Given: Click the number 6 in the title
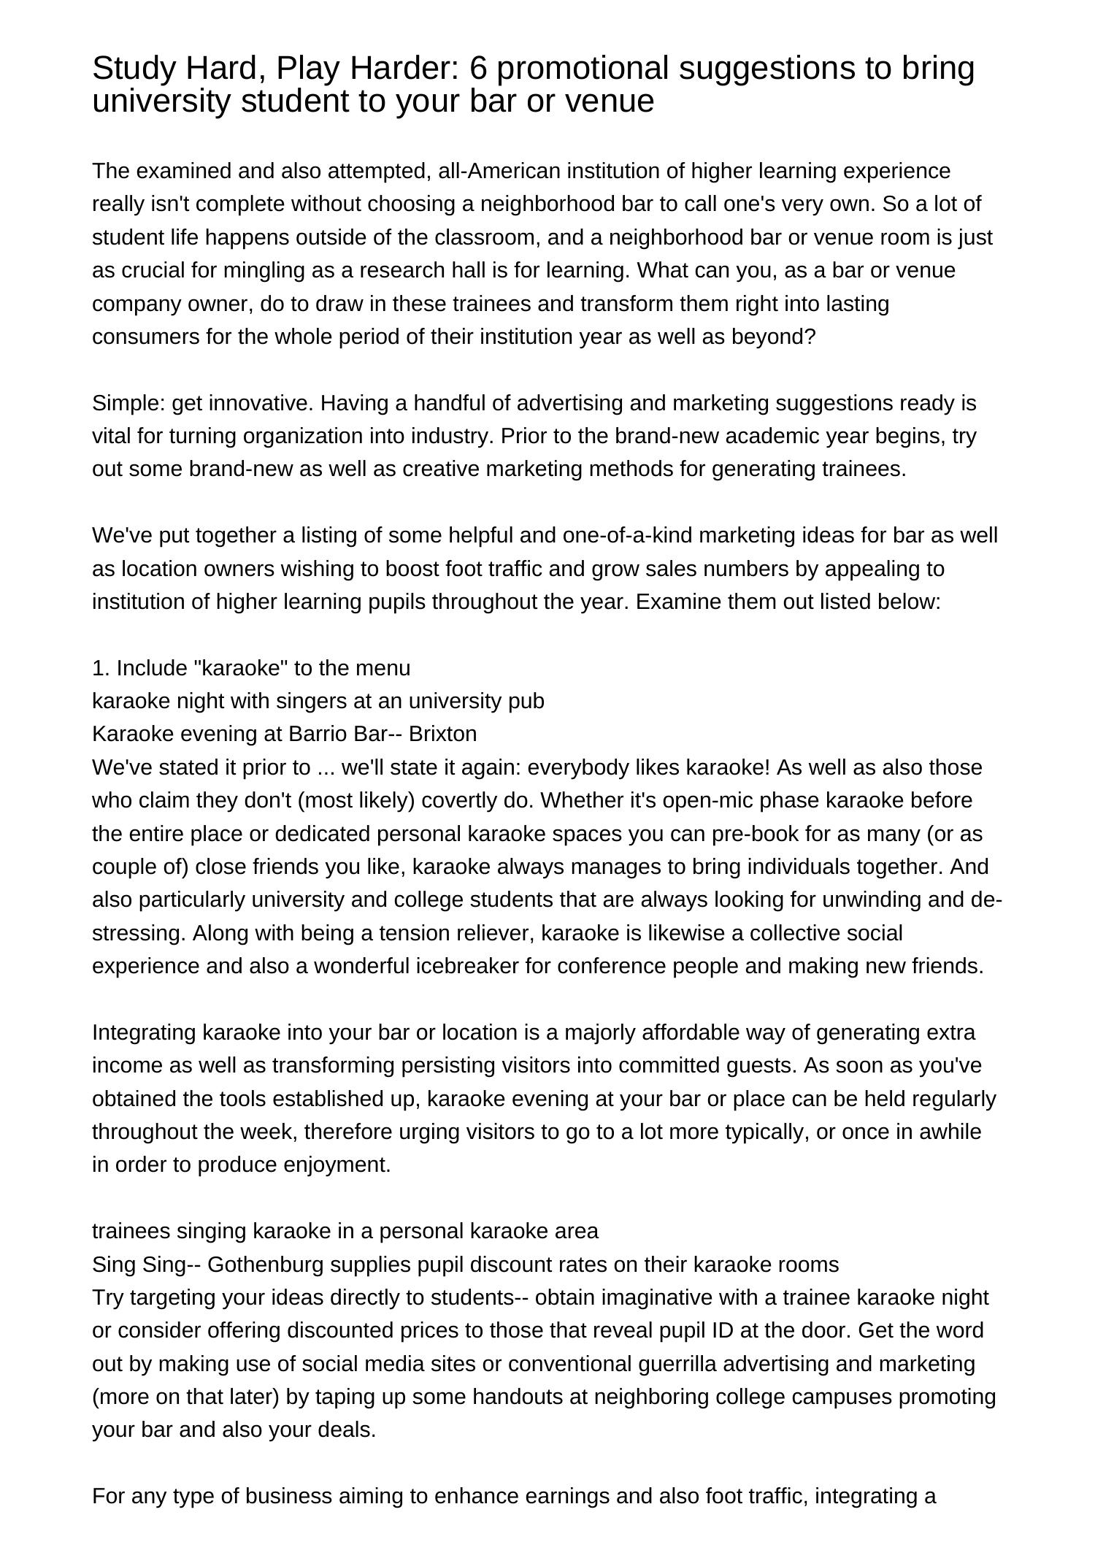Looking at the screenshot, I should tap(478, 69).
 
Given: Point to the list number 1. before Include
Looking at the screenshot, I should tap(101, 668).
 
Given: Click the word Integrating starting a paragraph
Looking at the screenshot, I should tap(144, 1032).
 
